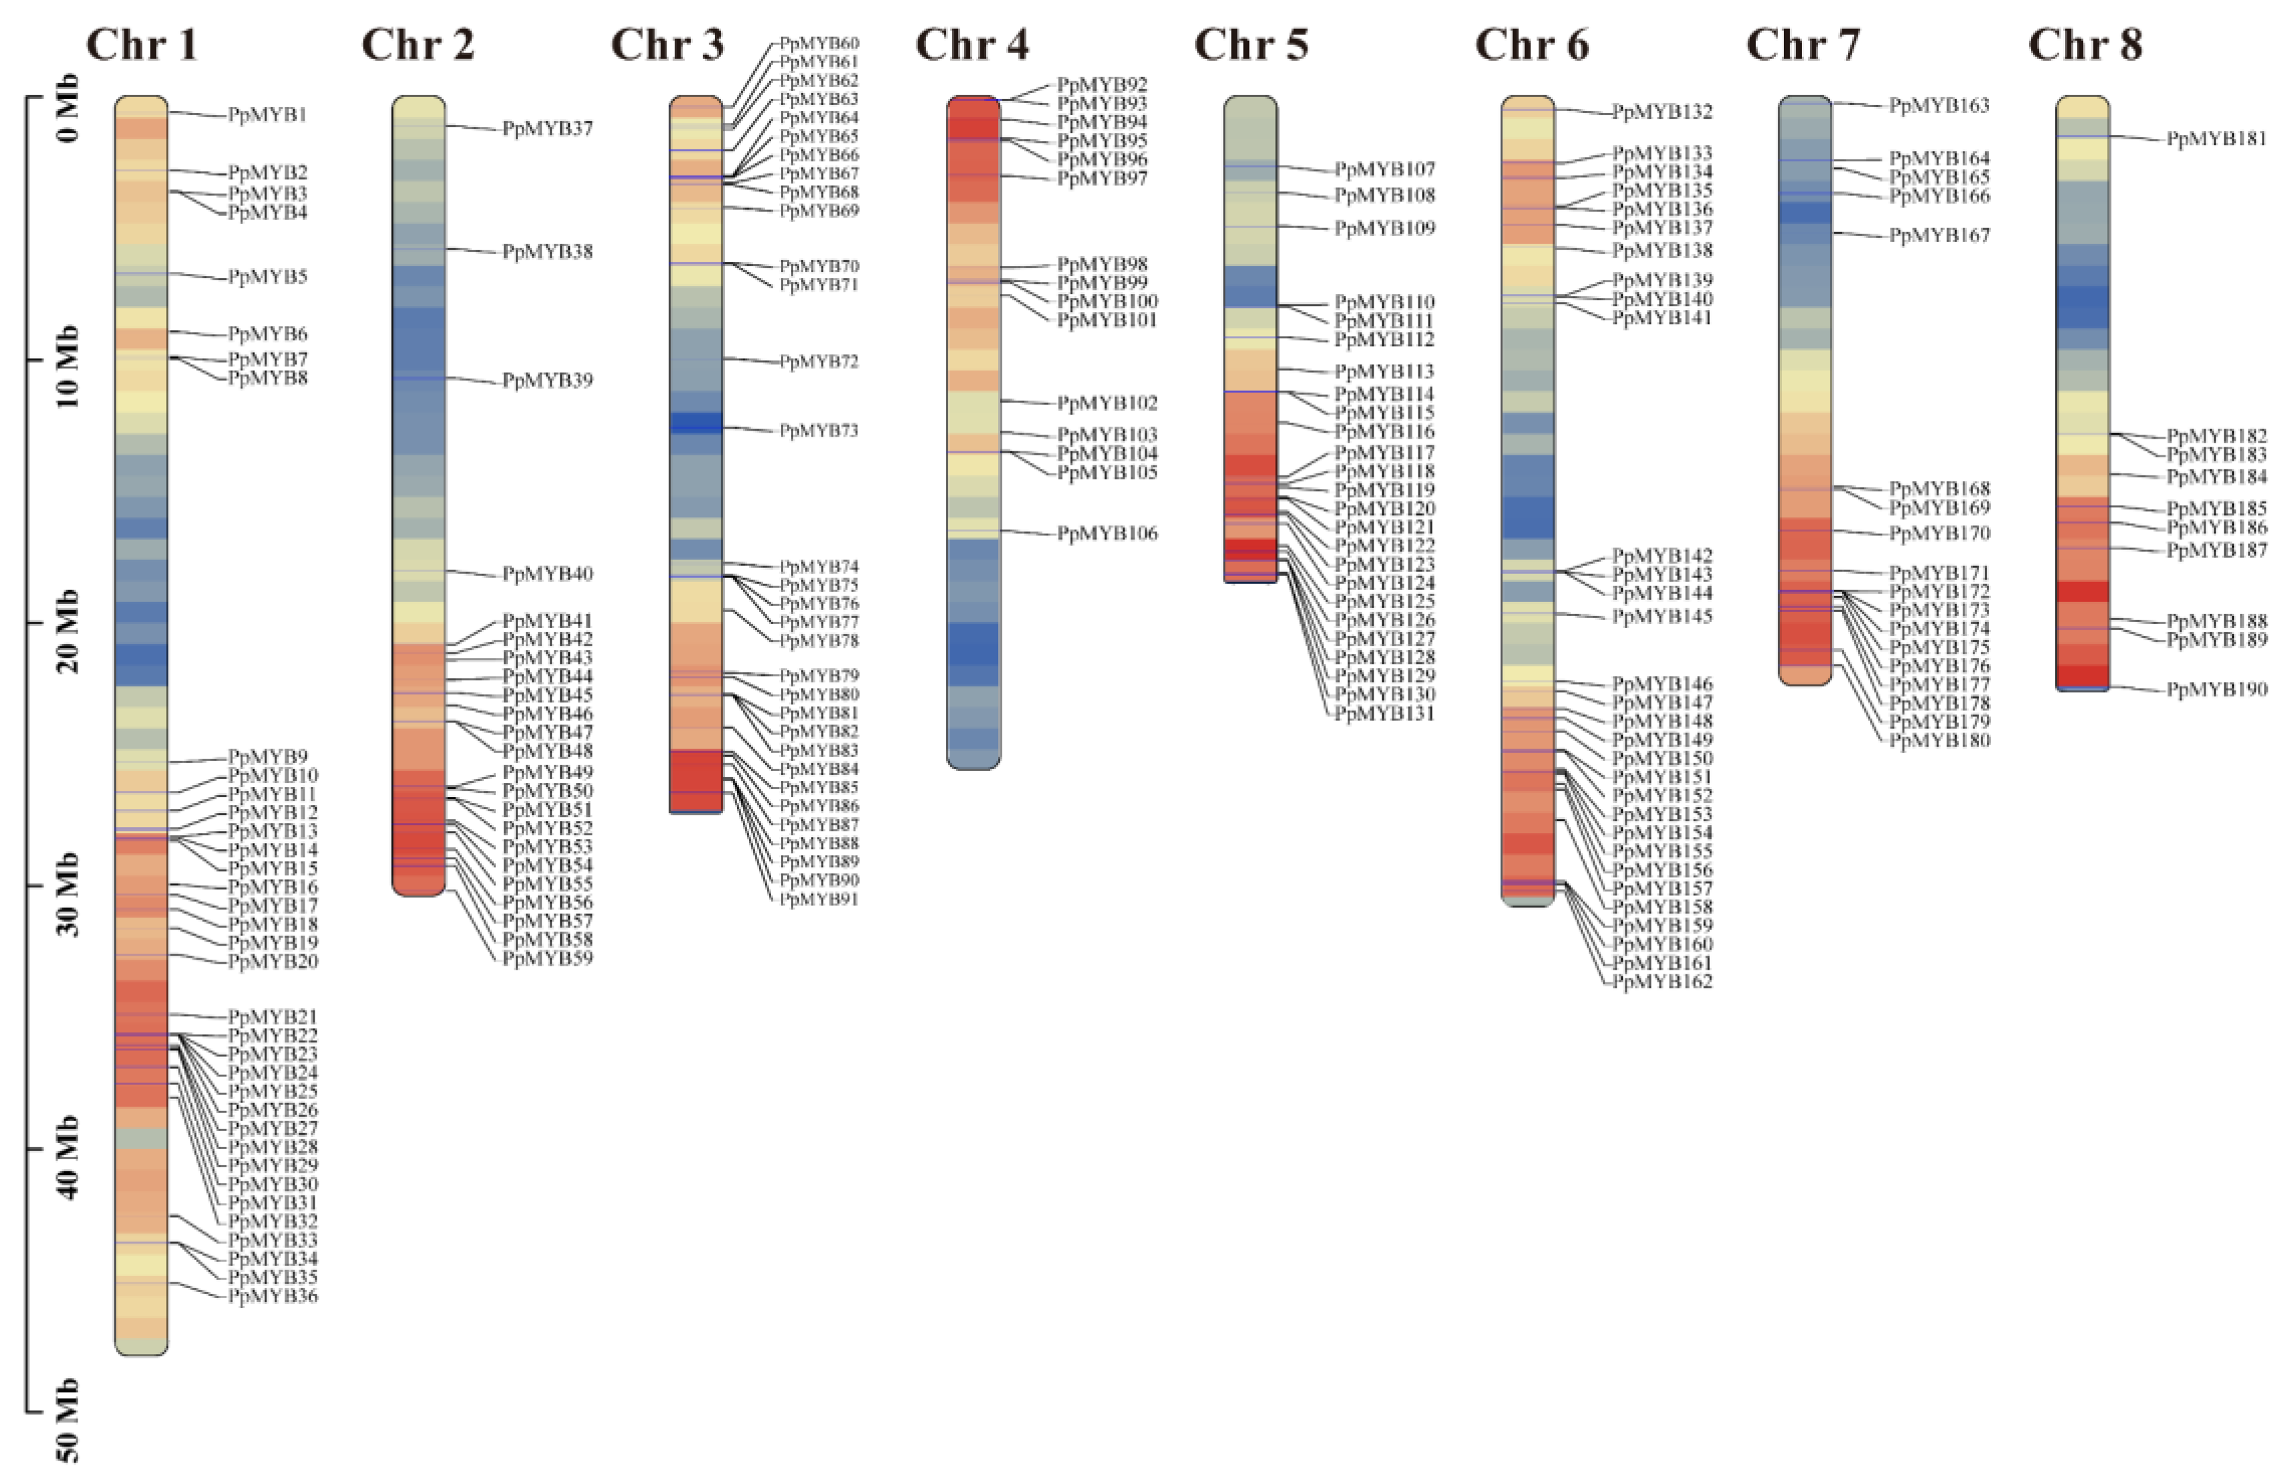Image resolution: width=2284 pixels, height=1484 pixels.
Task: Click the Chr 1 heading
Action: tap(142, 45)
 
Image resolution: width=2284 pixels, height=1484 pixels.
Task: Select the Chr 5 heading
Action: tap(1250, 45)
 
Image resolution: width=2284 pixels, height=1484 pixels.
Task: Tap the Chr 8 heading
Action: tap(2085, 45)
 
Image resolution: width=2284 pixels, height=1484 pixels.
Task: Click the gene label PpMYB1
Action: tap(267, 115)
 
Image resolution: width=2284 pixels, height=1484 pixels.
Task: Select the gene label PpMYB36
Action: tap(272, 1296)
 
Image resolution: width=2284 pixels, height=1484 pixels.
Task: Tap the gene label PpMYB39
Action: tap(547, 380)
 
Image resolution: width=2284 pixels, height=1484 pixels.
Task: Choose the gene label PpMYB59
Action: tap(547, 958)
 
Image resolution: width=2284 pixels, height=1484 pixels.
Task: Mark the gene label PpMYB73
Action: tap(819, 430)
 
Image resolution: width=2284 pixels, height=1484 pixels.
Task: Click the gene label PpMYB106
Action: tap(1107, 533)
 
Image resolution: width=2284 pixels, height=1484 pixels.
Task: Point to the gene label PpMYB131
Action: tap(1384, 713)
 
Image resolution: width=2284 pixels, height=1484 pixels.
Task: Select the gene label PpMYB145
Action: tap(1662, 616)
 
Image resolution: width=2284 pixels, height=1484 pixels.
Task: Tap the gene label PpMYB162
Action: tap(1662, 981)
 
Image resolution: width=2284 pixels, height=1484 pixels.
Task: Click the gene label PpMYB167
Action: tap(1939, 235)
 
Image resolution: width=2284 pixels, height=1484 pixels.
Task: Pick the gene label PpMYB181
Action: tap(2217, 139)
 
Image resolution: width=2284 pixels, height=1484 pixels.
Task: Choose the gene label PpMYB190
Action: tap(2217, 689)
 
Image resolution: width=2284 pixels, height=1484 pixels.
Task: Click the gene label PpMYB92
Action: tap(1102, 84)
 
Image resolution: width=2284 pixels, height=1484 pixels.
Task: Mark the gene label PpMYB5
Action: tap(267, 277)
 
